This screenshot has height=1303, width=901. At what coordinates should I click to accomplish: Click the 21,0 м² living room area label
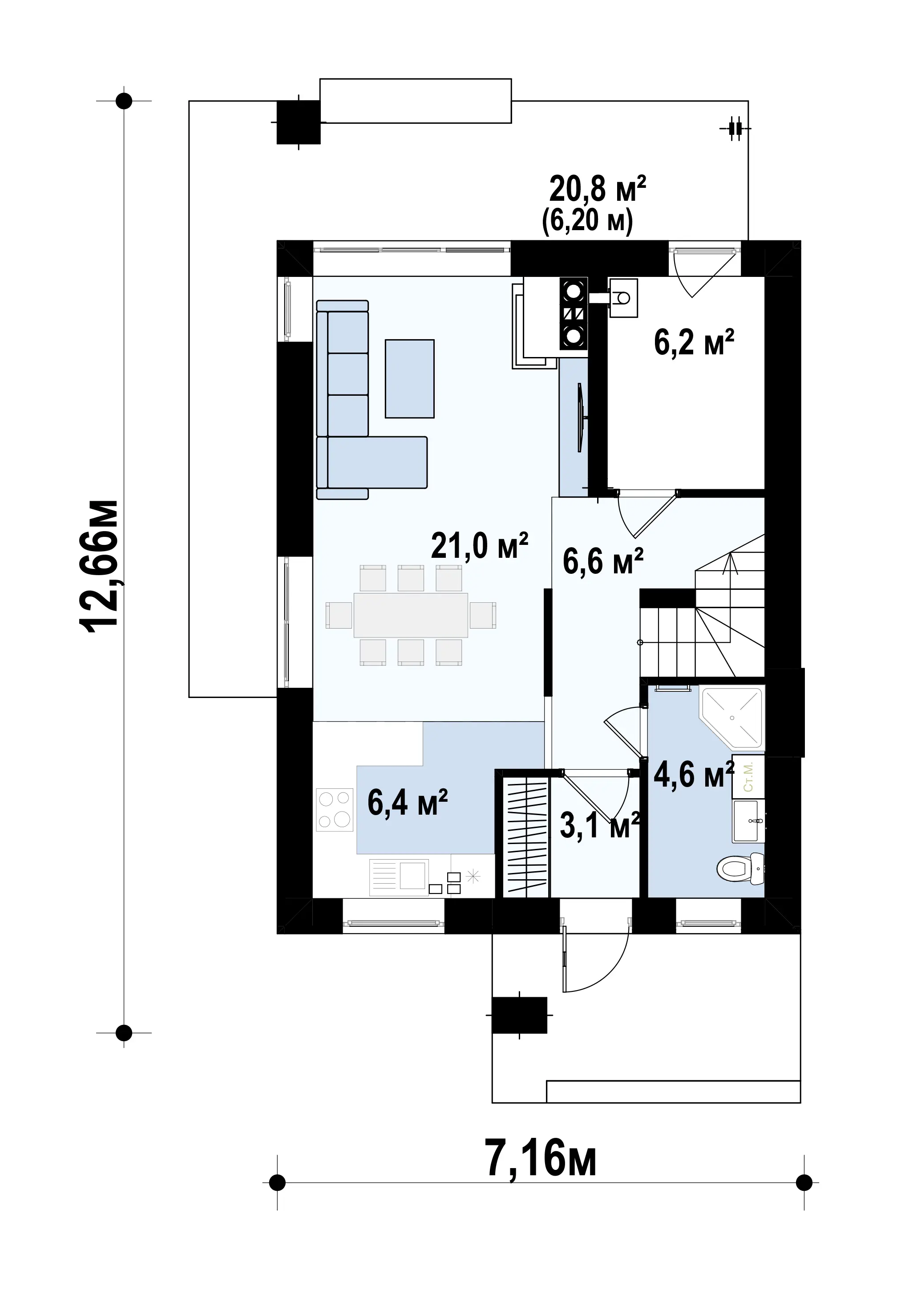click(x=479, y=546)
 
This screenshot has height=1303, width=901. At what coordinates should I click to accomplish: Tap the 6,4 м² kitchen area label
click(x=408, y=803)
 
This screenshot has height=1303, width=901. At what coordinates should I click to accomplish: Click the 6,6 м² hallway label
click(x=603, y=561)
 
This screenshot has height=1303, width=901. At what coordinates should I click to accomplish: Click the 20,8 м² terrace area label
click(x=597, y=189)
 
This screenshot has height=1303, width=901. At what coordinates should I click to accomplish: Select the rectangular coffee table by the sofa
click(x=410, y=378)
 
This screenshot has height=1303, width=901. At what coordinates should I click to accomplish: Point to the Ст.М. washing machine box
click(x=748, y=777)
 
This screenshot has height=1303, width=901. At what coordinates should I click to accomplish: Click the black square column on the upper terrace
click(x=299, y=122)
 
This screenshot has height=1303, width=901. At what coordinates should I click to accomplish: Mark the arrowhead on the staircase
click(x=731, y=561)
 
